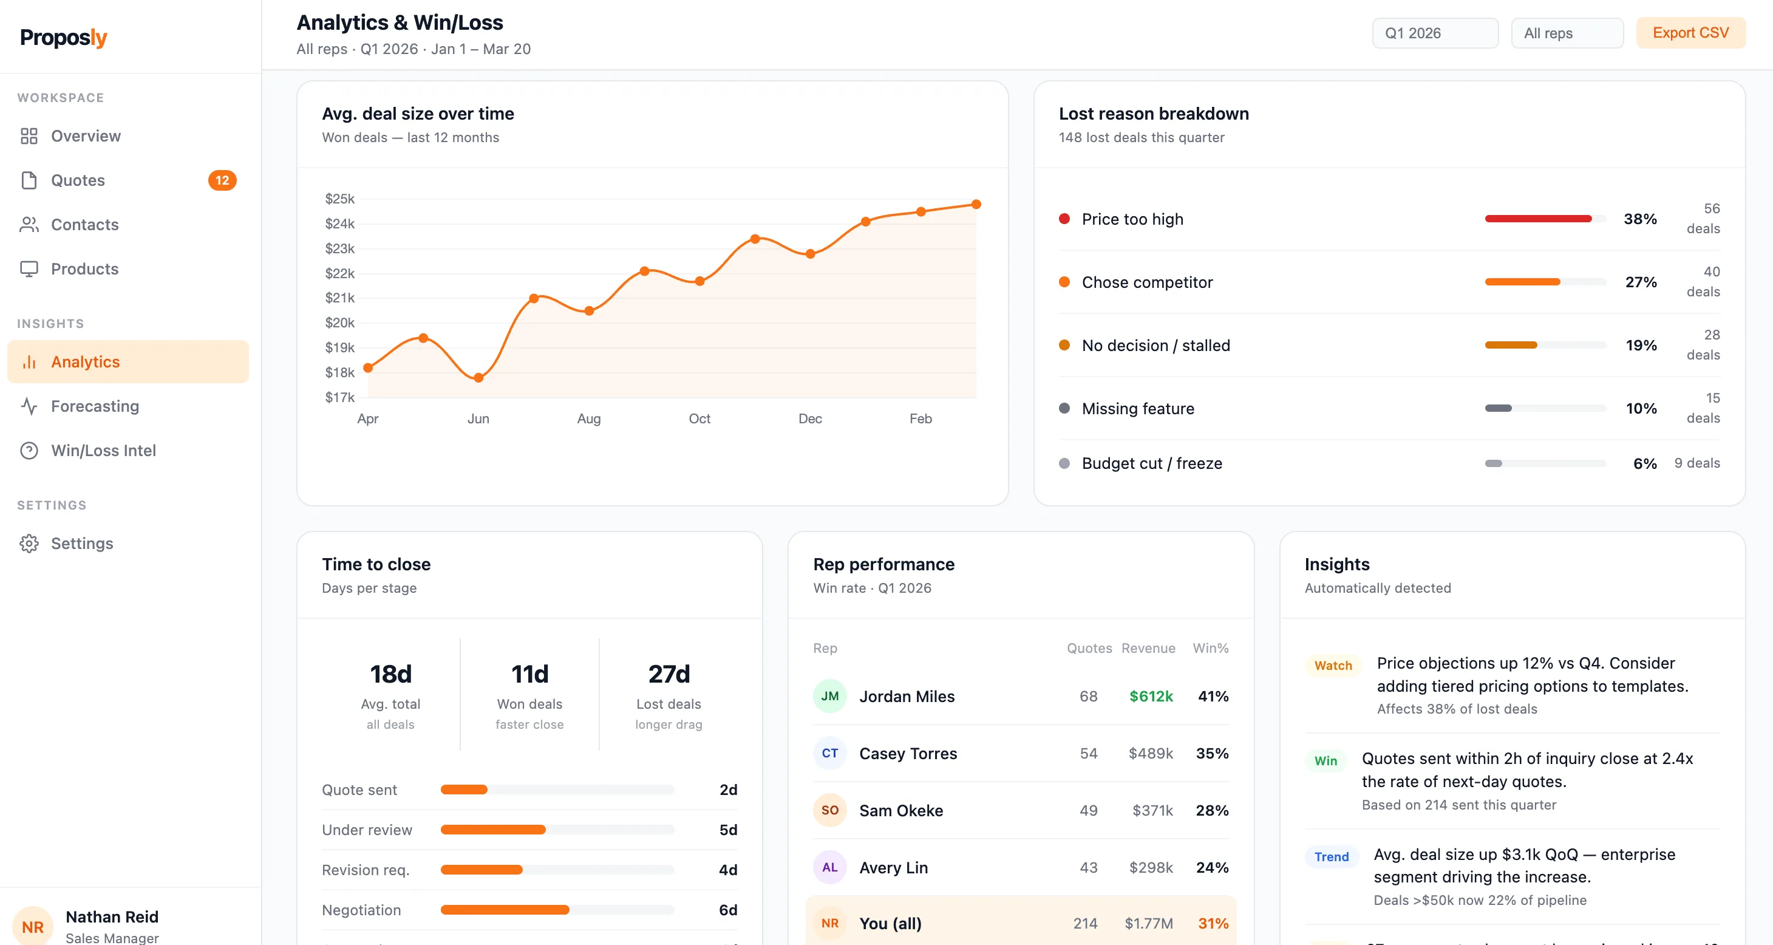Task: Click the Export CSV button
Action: pyautogui.click(x=1690, y=33)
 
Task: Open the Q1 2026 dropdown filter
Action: pyautogui.click(x=1435, y=33)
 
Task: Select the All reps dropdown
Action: pyautogui.click(x=1567, y=33)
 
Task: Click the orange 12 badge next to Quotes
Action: pyautogui.click(x=222, y=180)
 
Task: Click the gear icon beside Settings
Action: pyautogui.click(x=29, y=543)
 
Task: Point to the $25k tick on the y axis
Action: pyautogui.click(x=339, y=199)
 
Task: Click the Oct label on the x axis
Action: pyautogui.click(x=699, y=418)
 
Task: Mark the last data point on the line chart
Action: pyautogui.click(x=976, y=205)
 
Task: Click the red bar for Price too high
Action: pyautogui.click(x=1538, y=219)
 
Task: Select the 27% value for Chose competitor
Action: pyautogui.click(x=1641, y=282)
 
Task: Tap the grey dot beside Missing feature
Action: pyautogui.click(x=1064, y=408)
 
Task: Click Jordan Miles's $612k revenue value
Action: pyautogui.click(x=1151, y=696)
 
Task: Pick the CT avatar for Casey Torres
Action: pyautogui.click(x=830, y=753)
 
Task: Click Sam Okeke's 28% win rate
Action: pyautogui.click(x=1212, y=810)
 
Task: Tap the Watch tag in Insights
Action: pyautogui.click(x=1333, y=666)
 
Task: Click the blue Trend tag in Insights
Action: pyautogui.click(x=1332, y=857)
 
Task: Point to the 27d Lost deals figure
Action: pyautogui.click(x=669, y=674)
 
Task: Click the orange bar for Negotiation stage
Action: pyautogui.click(x=505, y=910)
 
